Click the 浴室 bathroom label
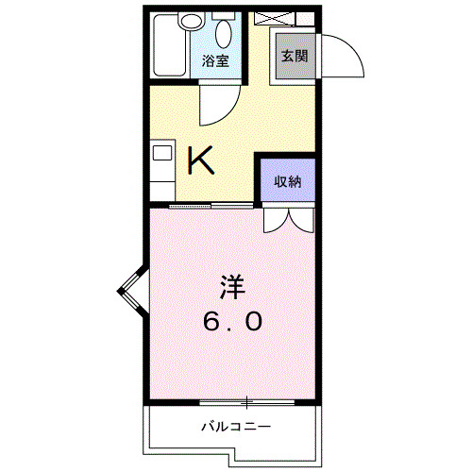pos(215,61)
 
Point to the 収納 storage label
pos(287,181)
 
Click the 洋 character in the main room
pos(232,284)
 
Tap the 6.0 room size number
pos(231,322)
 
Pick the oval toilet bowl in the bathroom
pos(225,35)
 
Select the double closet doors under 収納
pos(288,220)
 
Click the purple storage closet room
pos(287,179)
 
